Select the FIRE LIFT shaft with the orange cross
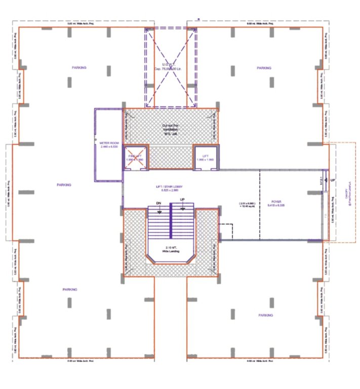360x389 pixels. coord(134,158)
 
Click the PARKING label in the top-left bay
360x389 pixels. coord(79,67)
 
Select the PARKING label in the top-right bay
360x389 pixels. coord(264,68)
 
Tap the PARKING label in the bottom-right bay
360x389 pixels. coord(266,315)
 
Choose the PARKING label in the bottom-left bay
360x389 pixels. coord(70,289)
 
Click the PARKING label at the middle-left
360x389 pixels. coord(64,185)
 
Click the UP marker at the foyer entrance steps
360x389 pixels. coord(333,180)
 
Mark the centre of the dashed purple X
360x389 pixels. coord(171,67)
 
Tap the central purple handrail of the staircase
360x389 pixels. coord(171,223)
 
